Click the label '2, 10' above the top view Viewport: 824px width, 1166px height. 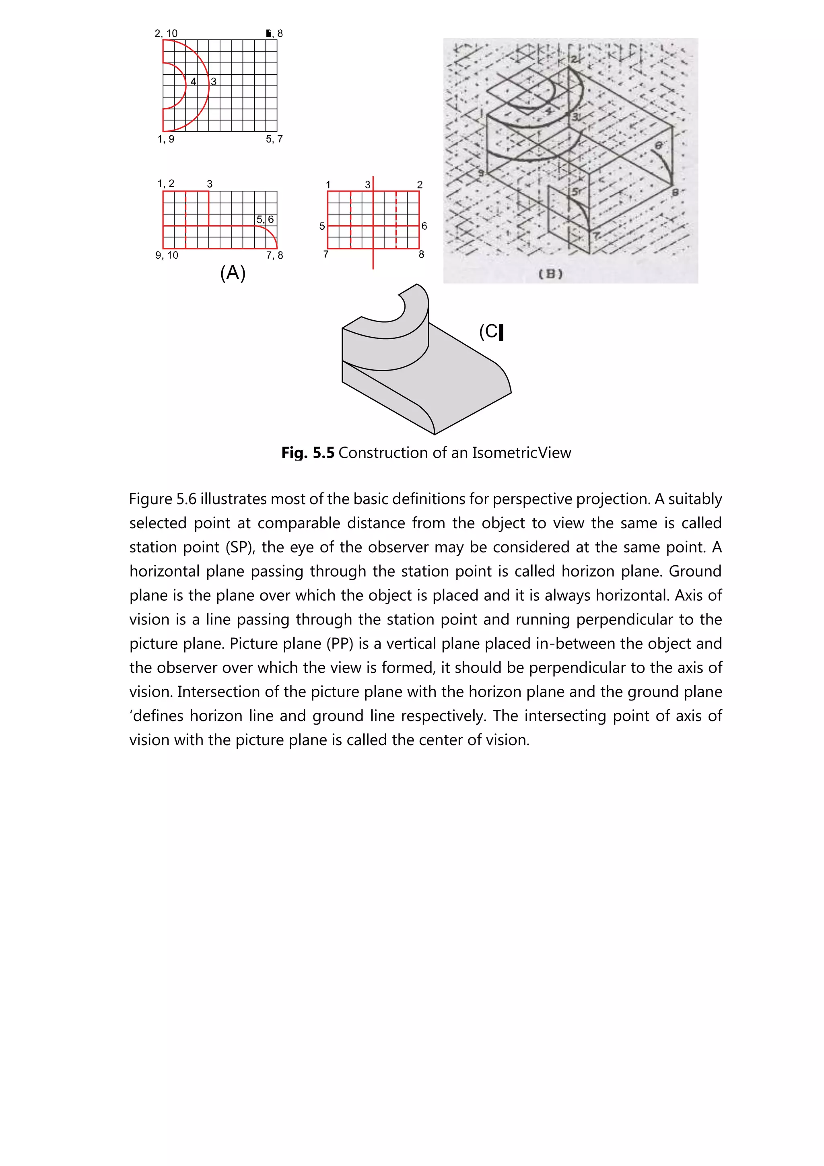click(166, 33)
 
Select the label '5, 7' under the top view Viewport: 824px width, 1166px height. click(274, 139)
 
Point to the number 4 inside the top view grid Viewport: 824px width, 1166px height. click(194, 81)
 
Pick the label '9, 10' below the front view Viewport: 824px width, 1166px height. click(167, 255)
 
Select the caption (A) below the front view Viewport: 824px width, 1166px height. click(233, 273)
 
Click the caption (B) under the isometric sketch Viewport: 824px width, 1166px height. click(550, 274)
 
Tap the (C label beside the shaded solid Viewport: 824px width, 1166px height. click(490, 332)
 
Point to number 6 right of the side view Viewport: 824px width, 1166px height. click(424, 226)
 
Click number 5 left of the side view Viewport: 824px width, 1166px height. click(322, 226)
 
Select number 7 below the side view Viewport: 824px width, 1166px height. click(326, 254)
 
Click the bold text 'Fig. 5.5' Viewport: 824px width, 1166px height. click(308, 453)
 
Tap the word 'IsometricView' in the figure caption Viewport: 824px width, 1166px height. click(521, 453)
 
